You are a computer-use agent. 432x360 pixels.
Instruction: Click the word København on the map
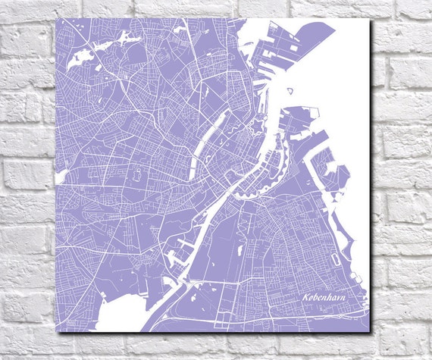click(328, 299)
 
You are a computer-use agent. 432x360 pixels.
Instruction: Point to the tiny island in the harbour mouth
click(288, 92)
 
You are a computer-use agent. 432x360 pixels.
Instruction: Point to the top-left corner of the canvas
click(55, 19)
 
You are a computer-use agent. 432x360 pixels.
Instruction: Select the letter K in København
click(304, 299)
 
